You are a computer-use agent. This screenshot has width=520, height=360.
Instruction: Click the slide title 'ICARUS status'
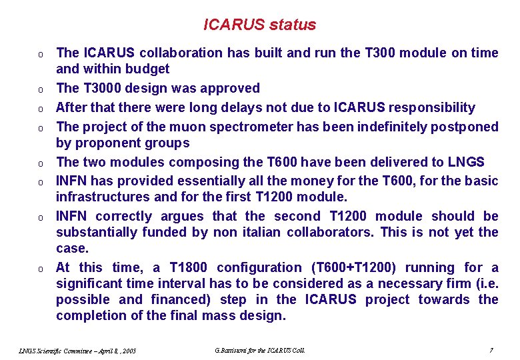pyautogui.click(x=259, y=25)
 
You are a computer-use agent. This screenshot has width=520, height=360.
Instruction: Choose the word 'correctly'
pyautogui.click(x=123, y=216)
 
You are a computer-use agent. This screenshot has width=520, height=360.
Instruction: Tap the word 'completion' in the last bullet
pyautogui.click(x=90, y=315)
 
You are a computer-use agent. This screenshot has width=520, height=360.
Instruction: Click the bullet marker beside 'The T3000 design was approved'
pyautogui.click(x=41, y=89)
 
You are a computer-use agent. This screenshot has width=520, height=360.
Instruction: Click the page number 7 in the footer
pyautogui.click(x=491, y=349)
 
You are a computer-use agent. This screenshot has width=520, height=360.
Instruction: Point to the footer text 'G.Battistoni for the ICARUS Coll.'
pyautogui.click(x=260, y=349)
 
